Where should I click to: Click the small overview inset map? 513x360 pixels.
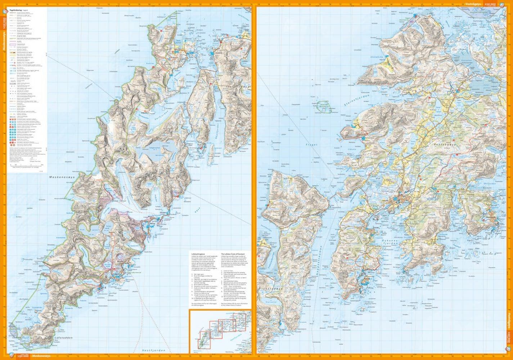pyautogui.click(x=220, y=330)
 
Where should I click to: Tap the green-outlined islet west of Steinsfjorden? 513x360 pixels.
pyautogui.click(x=324, y=106)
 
